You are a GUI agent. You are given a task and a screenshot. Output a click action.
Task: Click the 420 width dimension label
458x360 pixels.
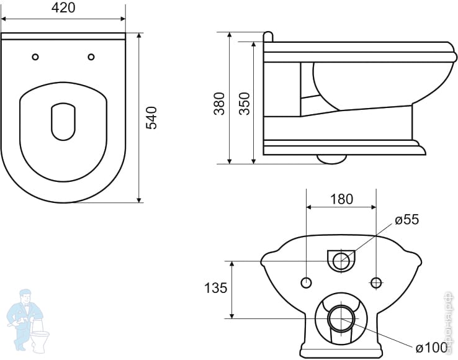63,8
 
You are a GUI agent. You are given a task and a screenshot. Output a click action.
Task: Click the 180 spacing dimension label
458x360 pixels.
341,199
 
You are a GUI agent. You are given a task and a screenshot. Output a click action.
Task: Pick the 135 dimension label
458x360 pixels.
216,288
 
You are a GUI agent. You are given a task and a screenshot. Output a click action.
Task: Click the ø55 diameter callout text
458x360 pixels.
407,220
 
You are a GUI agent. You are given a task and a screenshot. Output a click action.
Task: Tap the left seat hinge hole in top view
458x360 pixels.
35,57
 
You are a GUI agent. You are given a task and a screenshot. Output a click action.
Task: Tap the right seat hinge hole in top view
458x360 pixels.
91,57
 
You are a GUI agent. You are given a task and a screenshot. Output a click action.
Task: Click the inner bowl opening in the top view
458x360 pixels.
63,121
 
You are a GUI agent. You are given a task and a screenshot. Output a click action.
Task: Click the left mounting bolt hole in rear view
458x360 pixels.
305,283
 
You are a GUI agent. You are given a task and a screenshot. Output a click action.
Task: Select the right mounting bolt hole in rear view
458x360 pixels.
375,283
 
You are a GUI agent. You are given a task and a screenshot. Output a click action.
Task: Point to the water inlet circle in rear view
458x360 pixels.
341,261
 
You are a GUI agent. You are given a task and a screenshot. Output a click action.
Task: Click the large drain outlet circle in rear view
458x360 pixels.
341,319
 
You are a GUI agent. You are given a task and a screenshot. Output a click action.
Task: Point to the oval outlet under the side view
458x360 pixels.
331,159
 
